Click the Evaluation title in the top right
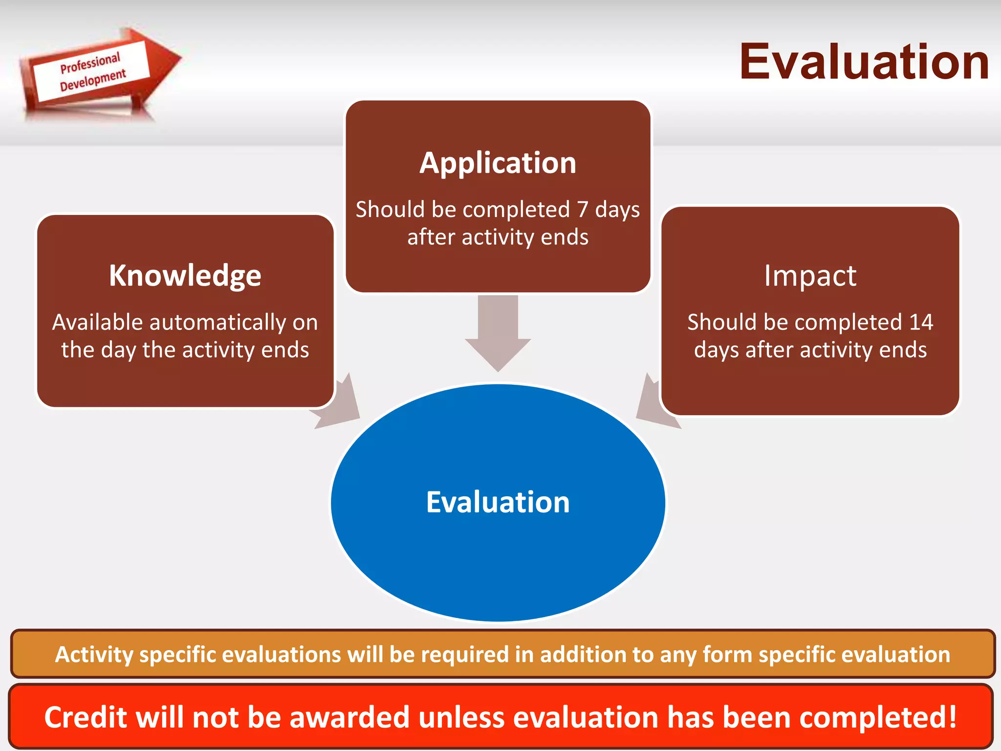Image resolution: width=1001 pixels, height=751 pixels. click(864, 62)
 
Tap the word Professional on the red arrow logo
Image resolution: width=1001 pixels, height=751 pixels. click(90, 63)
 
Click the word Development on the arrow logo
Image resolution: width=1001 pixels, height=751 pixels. click(93, 80)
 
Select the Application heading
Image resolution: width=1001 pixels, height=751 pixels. click(498, 163)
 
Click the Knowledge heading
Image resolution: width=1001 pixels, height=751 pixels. click(185, 276)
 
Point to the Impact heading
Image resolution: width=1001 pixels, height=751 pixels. click(810, 276)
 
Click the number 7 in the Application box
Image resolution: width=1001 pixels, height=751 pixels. click(582, 210)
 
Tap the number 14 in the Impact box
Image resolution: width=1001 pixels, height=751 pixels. click(921, 322)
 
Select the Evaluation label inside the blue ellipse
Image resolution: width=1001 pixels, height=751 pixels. click(498, 502)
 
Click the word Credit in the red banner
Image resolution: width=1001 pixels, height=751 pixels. click(86, 717)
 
